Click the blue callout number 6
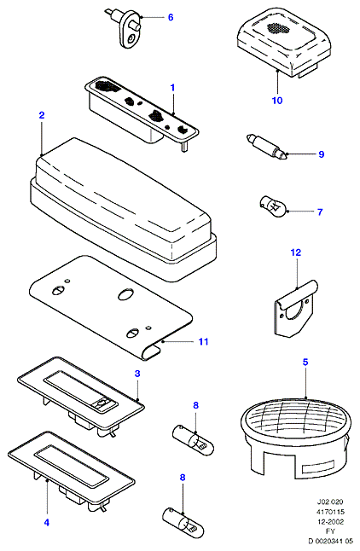tap(171, 17)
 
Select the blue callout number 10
tap(277, 101)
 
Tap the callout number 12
tap(296, 252)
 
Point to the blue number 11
tap(204, 341)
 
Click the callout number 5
tap(305, 362)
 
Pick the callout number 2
tap(42, 115)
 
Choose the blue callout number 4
tap(47, 523)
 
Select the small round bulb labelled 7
tap(274, 206)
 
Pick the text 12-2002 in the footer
tap(330, 521)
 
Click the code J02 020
tap(330, 502)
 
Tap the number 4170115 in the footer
tap(330, 512)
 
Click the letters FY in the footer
tap(330, 531)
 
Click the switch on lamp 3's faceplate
tap(102, 404)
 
